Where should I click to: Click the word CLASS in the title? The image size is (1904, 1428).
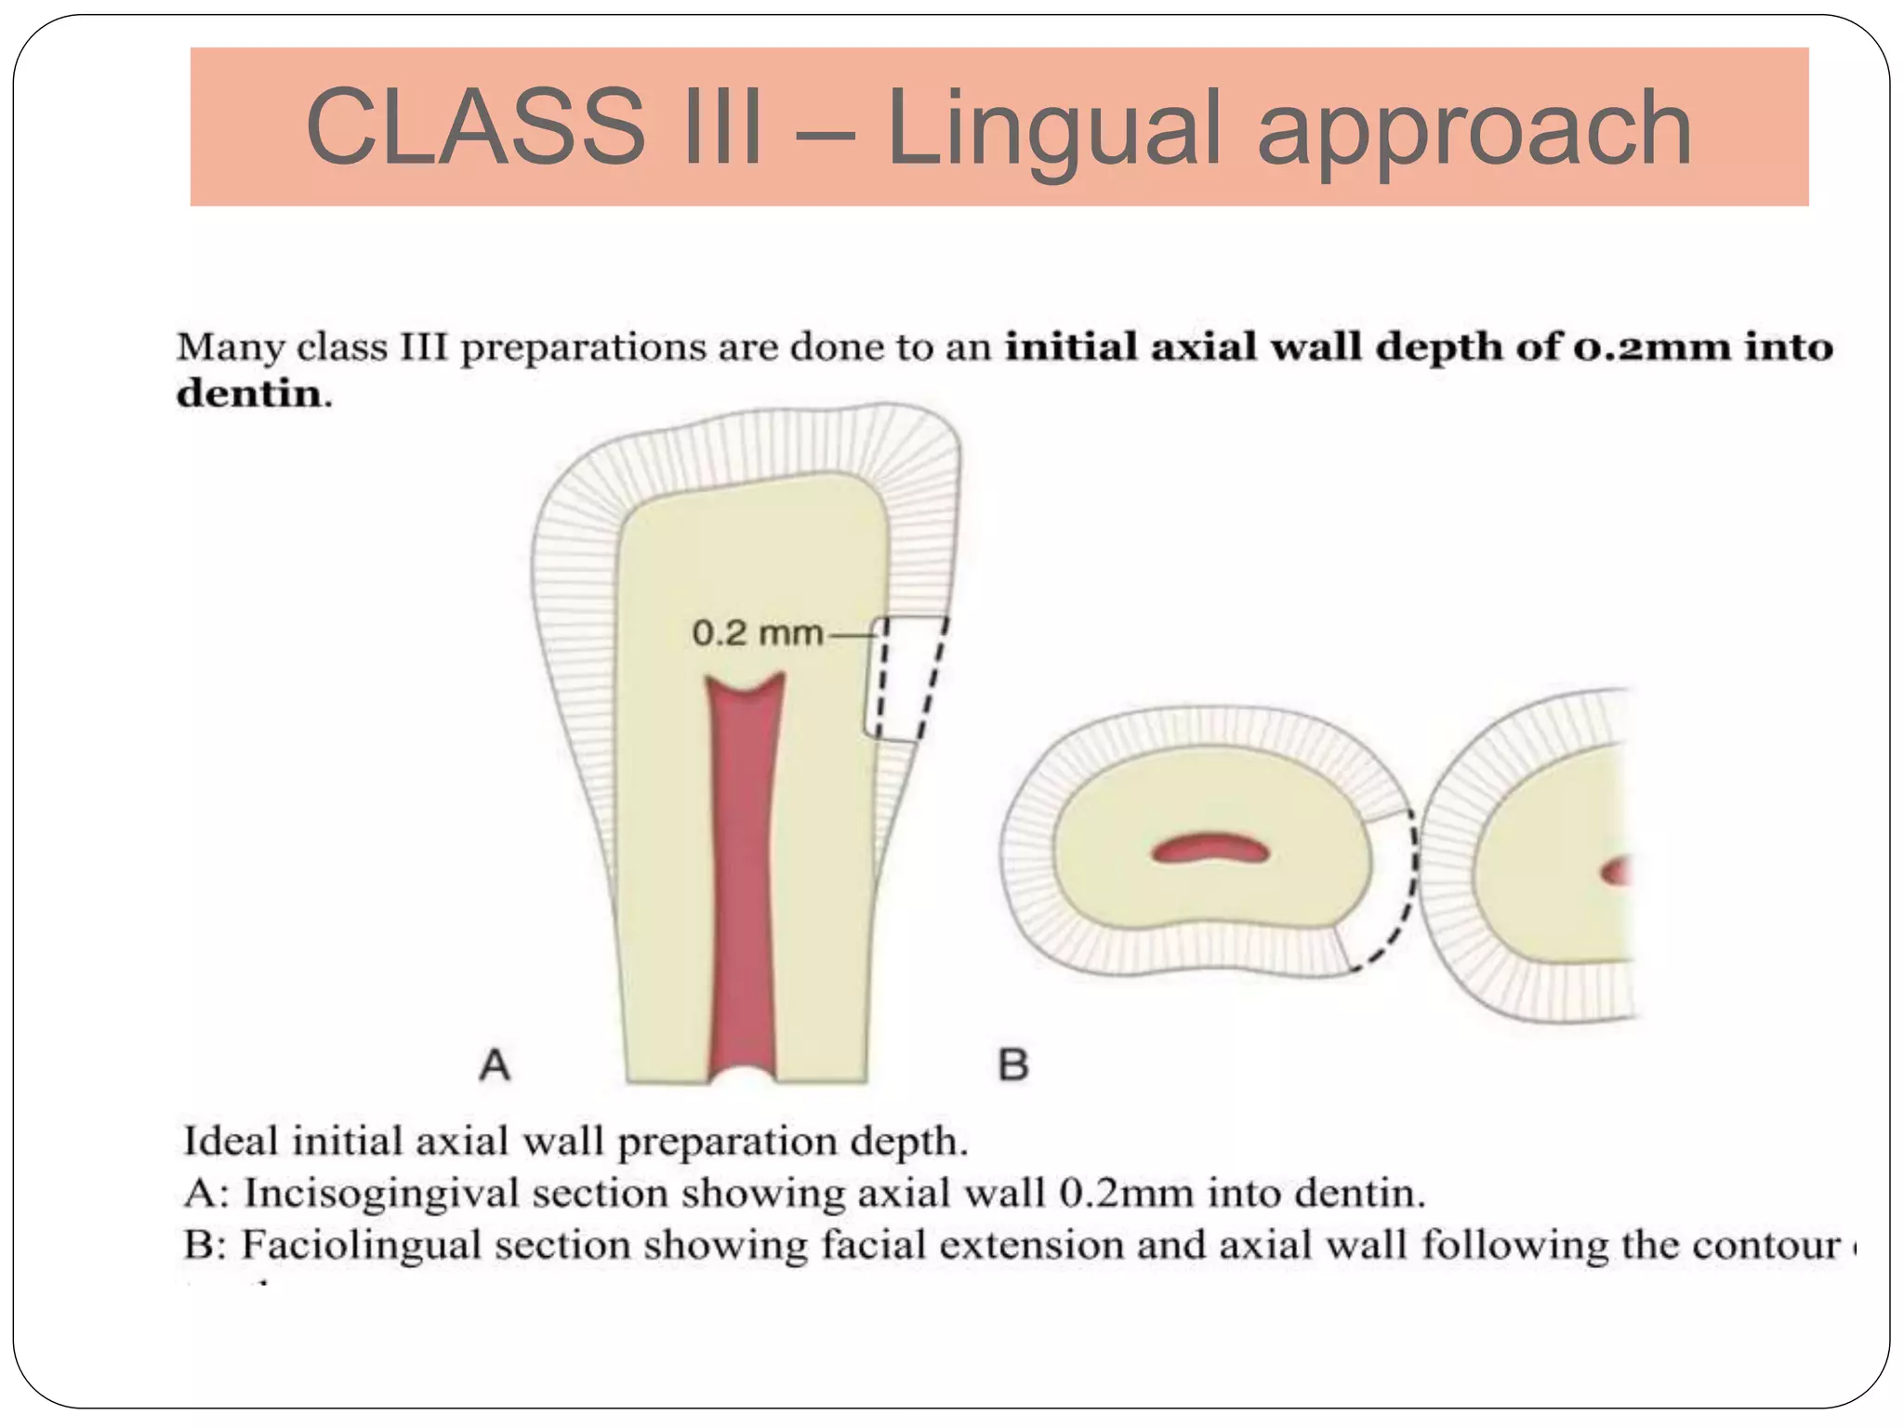pos(475,127)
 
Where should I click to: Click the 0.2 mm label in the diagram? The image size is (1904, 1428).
pos(757,634)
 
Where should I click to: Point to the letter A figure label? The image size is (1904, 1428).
pos(495,1064)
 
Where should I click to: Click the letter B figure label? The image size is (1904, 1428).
pos(1013,1064)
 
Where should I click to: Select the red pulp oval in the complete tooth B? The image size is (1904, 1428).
pos(1210,848)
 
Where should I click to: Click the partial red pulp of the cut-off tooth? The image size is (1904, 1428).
pos(1617,871)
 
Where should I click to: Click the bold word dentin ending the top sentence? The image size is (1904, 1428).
pos(249,394)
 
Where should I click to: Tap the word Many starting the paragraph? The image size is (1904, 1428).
pos(231,348)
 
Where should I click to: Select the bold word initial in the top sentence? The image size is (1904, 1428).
pos(1072,347)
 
